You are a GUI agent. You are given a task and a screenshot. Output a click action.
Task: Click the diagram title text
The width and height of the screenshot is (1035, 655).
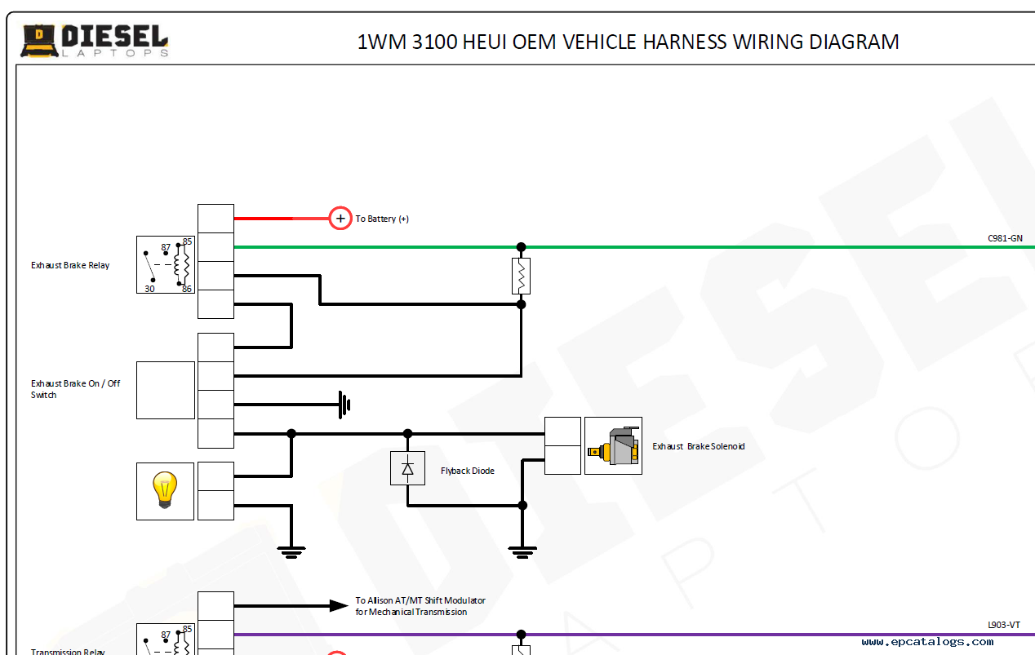pyautogui.click(x=628, y=42)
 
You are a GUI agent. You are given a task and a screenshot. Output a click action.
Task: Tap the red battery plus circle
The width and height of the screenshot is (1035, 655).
pyautogui.click(x=340, y=219)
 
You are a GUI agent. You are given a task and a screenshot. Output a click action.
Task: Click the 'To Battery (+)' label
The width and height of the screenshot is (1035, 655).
pyautogui.click(x=382, y=219)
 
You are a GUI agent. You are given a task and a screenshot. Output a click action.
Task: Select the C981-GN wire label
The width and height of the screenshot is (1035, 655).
pyautogui.click(x=1004, y=238)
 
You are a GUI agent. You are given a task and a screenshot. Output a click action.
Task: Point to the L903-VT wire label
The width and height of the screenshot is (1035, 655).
pyautogui.click(x=1004, y=625)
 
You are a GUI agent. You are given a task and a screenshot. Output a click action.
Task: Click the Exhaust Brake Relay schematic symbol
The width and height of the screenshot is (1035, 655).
pyautogui.click(x=166, y=265)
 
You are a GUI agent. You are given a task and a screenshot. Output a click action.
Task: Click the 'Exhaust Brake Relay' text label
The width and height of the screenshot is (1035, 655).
pyautogui.click(x=70, y=265)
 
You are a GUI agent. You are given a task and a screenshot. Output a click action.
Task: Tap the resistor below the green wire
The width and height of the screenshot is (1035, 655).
pyautogui.click(x=521, y=276)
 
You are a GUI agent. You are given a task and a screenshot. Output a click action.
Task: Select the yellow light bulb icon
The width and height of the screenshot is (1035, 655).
pyautogui.click(x=165, y=491)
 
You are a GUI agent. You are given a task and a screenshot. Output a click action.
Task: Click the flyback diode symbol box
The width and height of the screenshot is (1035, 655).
pyautogui.click(x=407, y=468)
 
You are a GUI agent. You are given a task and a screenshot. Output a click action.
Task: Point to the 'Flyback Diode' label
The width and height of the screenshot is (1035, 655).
pyautogui.click(x=468, y=471)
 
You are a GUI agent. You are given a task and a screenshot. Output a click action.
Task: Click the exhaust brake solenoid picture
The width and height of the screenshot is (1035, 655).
pyautogui.click(x=613, y=445)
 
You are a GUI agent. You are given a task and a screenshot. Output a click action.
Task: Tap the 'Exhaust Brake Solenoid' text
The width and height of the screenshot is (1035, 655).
pyautogui.click(x=698, y=446)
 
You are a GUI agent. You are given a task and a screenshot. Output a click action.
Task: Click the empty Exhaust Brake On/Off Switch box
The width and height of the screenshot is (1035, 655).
pyautogui.click(x=166, y=390)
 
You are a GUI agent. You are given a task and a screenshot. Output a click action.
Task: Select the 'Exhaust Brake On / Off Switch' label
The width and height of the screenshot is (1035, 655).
pyautogui.click(x=75, y=389)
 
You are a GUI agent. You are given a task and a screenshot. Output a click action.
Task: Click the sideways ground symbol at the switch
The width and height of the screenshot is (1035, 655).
pyautogui.click(x=344, y=404)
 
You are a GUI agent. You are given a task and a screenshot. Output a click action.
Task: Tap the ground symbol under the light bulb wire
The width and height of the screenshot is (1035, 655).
pyautogui.click(x=291, y=551)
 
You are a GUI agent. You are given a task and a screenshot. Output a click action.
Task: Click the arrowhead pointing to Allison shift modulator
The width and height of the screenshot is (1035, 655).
pyautogui.click(x=338, y=605)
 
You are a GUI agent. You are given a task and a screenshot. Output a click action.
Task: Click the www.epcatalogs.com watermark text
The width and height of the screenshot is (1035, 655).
pyautogui.click(x=927, y=642)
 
